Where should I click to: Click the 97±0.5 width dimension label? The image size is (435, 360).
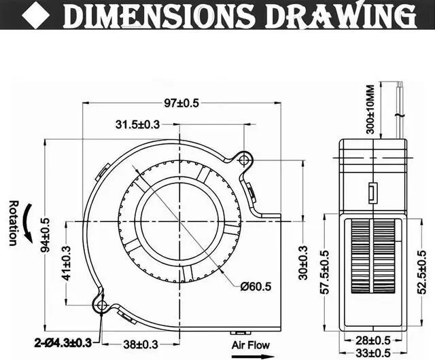[x=181, y=103]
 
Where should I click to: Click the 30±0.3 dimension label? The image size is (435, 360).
[x=304, y=262]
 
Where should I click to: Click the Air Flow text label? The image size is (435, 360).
[x=250, y=344]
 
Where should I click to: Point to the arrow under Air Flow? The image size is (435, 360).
[x=250, y=354]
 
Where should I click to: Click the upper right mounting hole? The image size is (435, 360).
[x=244, y=159]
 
